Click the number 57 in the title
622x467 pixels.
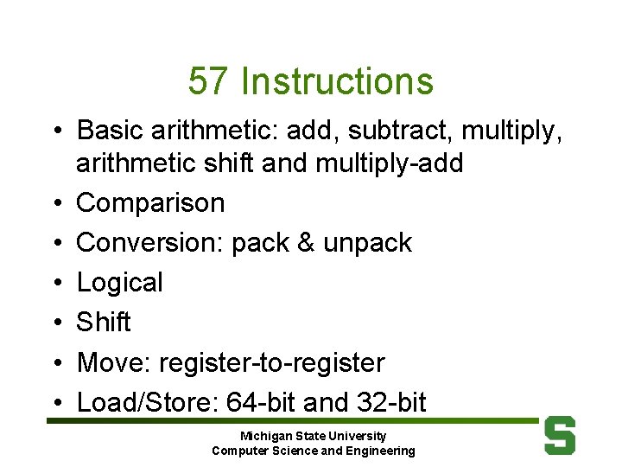pos(208,82)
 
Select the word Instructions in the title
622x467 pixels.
pos(337,82)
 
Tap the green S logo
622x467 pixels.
pos(560,435)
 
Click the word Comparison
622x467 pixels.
pos(150,203)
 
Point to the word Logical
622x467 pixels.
pos(119,283)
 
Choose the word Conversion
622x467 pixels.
pos(149,243)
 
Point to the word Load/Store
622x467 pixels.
pos(146,402)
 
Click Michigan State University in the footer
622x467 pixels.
pos(313,436)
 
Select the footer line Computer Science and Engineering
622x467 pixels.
pos(313,451)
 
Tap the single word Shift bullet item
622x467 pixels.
pos(104,323)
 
